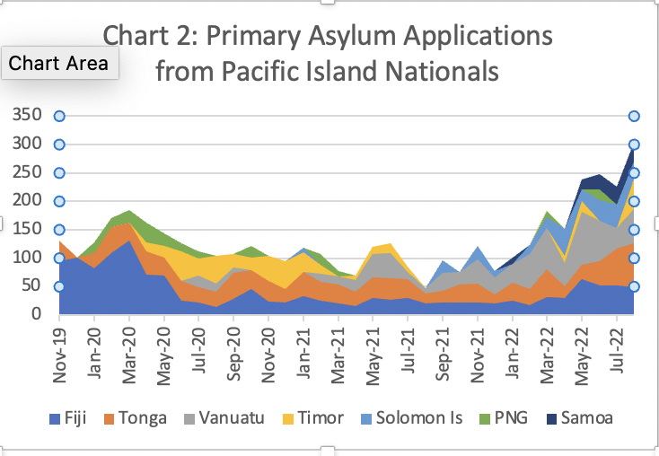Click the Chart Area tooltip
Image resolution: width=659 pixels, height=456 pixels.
pyautogui.click(x=59, y=63)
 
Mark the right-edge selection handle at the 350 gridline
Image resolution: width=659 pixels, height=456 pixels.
pyautogui.click(x=634, y=116)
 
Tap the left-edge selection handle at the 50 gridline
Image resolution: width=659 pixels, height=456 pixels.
pyautogui.click(x=59, y=286)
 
